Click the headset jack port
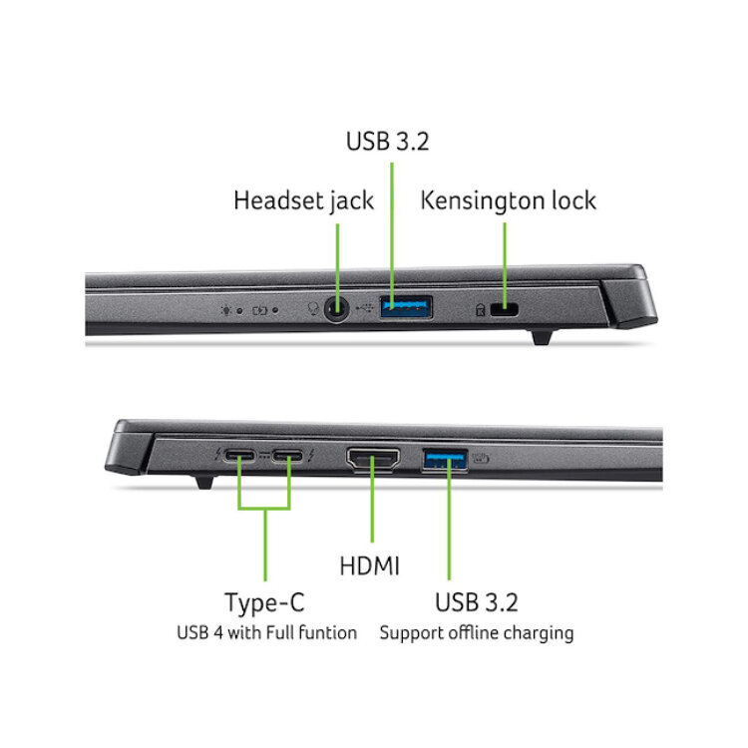[336, 309]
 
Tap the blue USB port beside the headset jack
[406, 307]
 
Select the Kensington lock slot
[504, 309]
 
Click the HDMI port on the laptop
[373, 460]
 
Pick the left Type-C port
[240, 456]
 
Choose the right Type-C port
[287, 456]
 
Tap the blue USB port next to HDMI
[445, 460]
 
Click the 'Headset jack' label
[303, 200]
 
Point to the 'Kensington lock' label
[508, 200]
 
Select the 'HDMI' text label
[369, 566]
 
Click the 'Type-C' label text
[264, 602]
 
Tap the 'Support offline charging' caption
[477, 633]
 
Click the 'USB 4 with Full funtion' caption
[266, 632]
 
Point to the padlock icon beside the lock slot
[481, 310]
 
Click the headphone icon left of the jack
[313, 309]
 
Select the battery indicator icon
[260, 311]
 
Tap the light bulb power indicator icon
[225, 310]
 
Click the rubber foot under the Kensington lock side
[543, 337]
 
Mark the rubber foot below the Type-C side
[204, 482]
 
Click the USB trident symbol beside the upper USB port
[365, 308]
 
